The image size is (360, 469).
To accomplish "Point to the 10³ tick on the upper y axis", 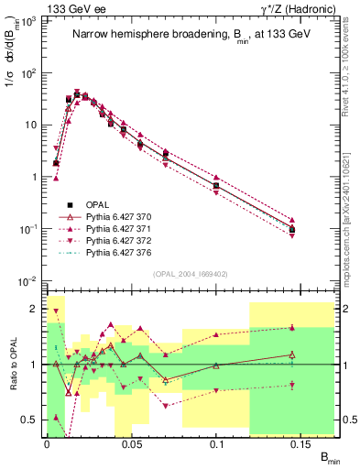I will click(30, 20).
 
